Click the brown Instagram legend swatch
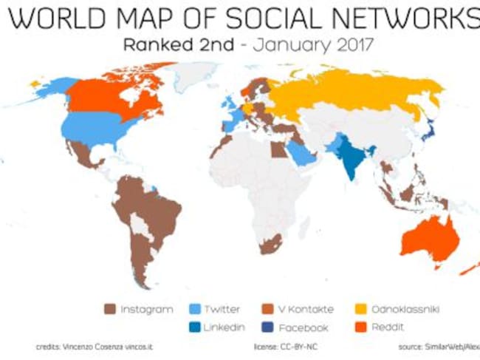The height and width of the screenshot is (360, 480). (111, 309)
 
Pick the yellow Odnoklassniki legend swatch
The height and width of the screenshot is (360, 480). (362, 309)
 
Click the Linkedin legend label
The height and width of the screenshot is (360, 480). (224, 327)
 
